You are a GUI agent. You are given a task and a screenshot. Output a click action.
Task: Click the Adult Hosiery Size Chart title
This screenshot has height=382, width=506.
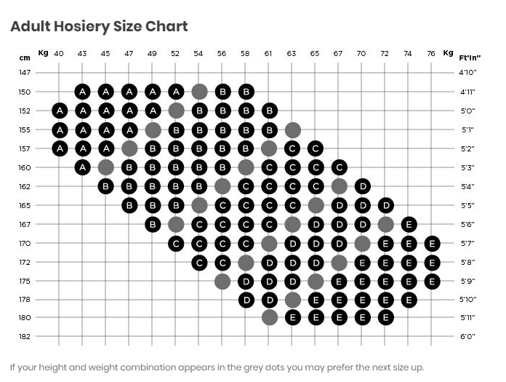99,27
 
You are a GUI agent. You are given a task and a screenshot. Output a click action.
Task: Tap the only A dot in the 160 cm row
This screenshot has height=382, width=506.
82,167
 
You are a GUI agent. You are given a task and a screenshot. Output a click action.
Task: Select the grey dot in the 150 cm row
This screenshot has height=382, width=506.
199,92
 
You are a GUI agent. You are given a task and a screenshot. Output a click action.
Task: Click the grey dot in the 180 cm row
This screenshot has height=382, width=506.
269,317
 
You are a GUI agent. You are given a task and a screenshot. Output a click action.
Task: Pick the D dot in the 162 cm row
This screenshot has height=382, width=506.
362,186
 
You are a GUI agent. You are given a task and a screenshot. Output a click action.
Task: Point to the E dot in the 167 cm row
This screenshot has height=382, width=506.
409,224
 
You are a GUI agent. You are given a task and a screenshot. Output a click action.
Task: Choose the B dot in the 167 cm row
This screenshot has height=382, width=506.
152,224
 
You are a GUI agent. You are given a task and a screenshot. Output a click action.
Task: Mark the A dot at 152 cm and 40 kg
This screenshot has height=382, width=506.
59,111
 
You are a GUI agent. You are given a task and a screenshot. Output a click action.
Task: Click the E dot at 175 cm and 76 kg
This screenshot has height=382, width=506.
432,281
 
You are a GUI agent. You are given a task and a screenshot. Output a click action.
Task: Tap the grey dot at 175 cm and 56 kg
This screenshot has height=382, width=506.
222,281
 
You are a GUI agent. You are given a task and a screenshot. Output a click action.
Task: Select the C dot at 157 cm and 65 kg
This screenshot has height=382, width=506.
315,148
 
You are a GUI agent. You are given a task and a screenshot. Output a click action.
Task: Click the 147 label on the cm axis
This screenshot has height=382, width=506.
25,73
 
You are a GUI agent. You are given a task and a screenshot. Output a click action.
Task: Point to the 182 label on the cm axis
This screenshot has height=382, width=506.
25,336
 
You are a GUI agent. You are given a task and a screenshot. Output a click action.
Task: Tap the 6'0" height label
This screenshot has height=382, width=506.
467,336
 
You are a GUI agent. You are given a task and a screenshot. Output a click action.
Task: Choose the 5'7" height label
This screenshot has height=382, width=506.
467,243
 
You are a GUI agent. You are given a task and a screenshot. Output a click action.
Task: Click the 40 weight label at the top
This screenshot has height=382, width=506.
59,53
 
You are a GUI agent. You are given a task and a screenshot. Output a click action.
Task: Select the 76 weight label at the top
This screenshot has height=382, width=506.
432,53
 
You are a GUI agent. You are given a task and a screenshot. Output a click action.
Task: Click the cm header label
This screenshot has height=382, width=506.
24,57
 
